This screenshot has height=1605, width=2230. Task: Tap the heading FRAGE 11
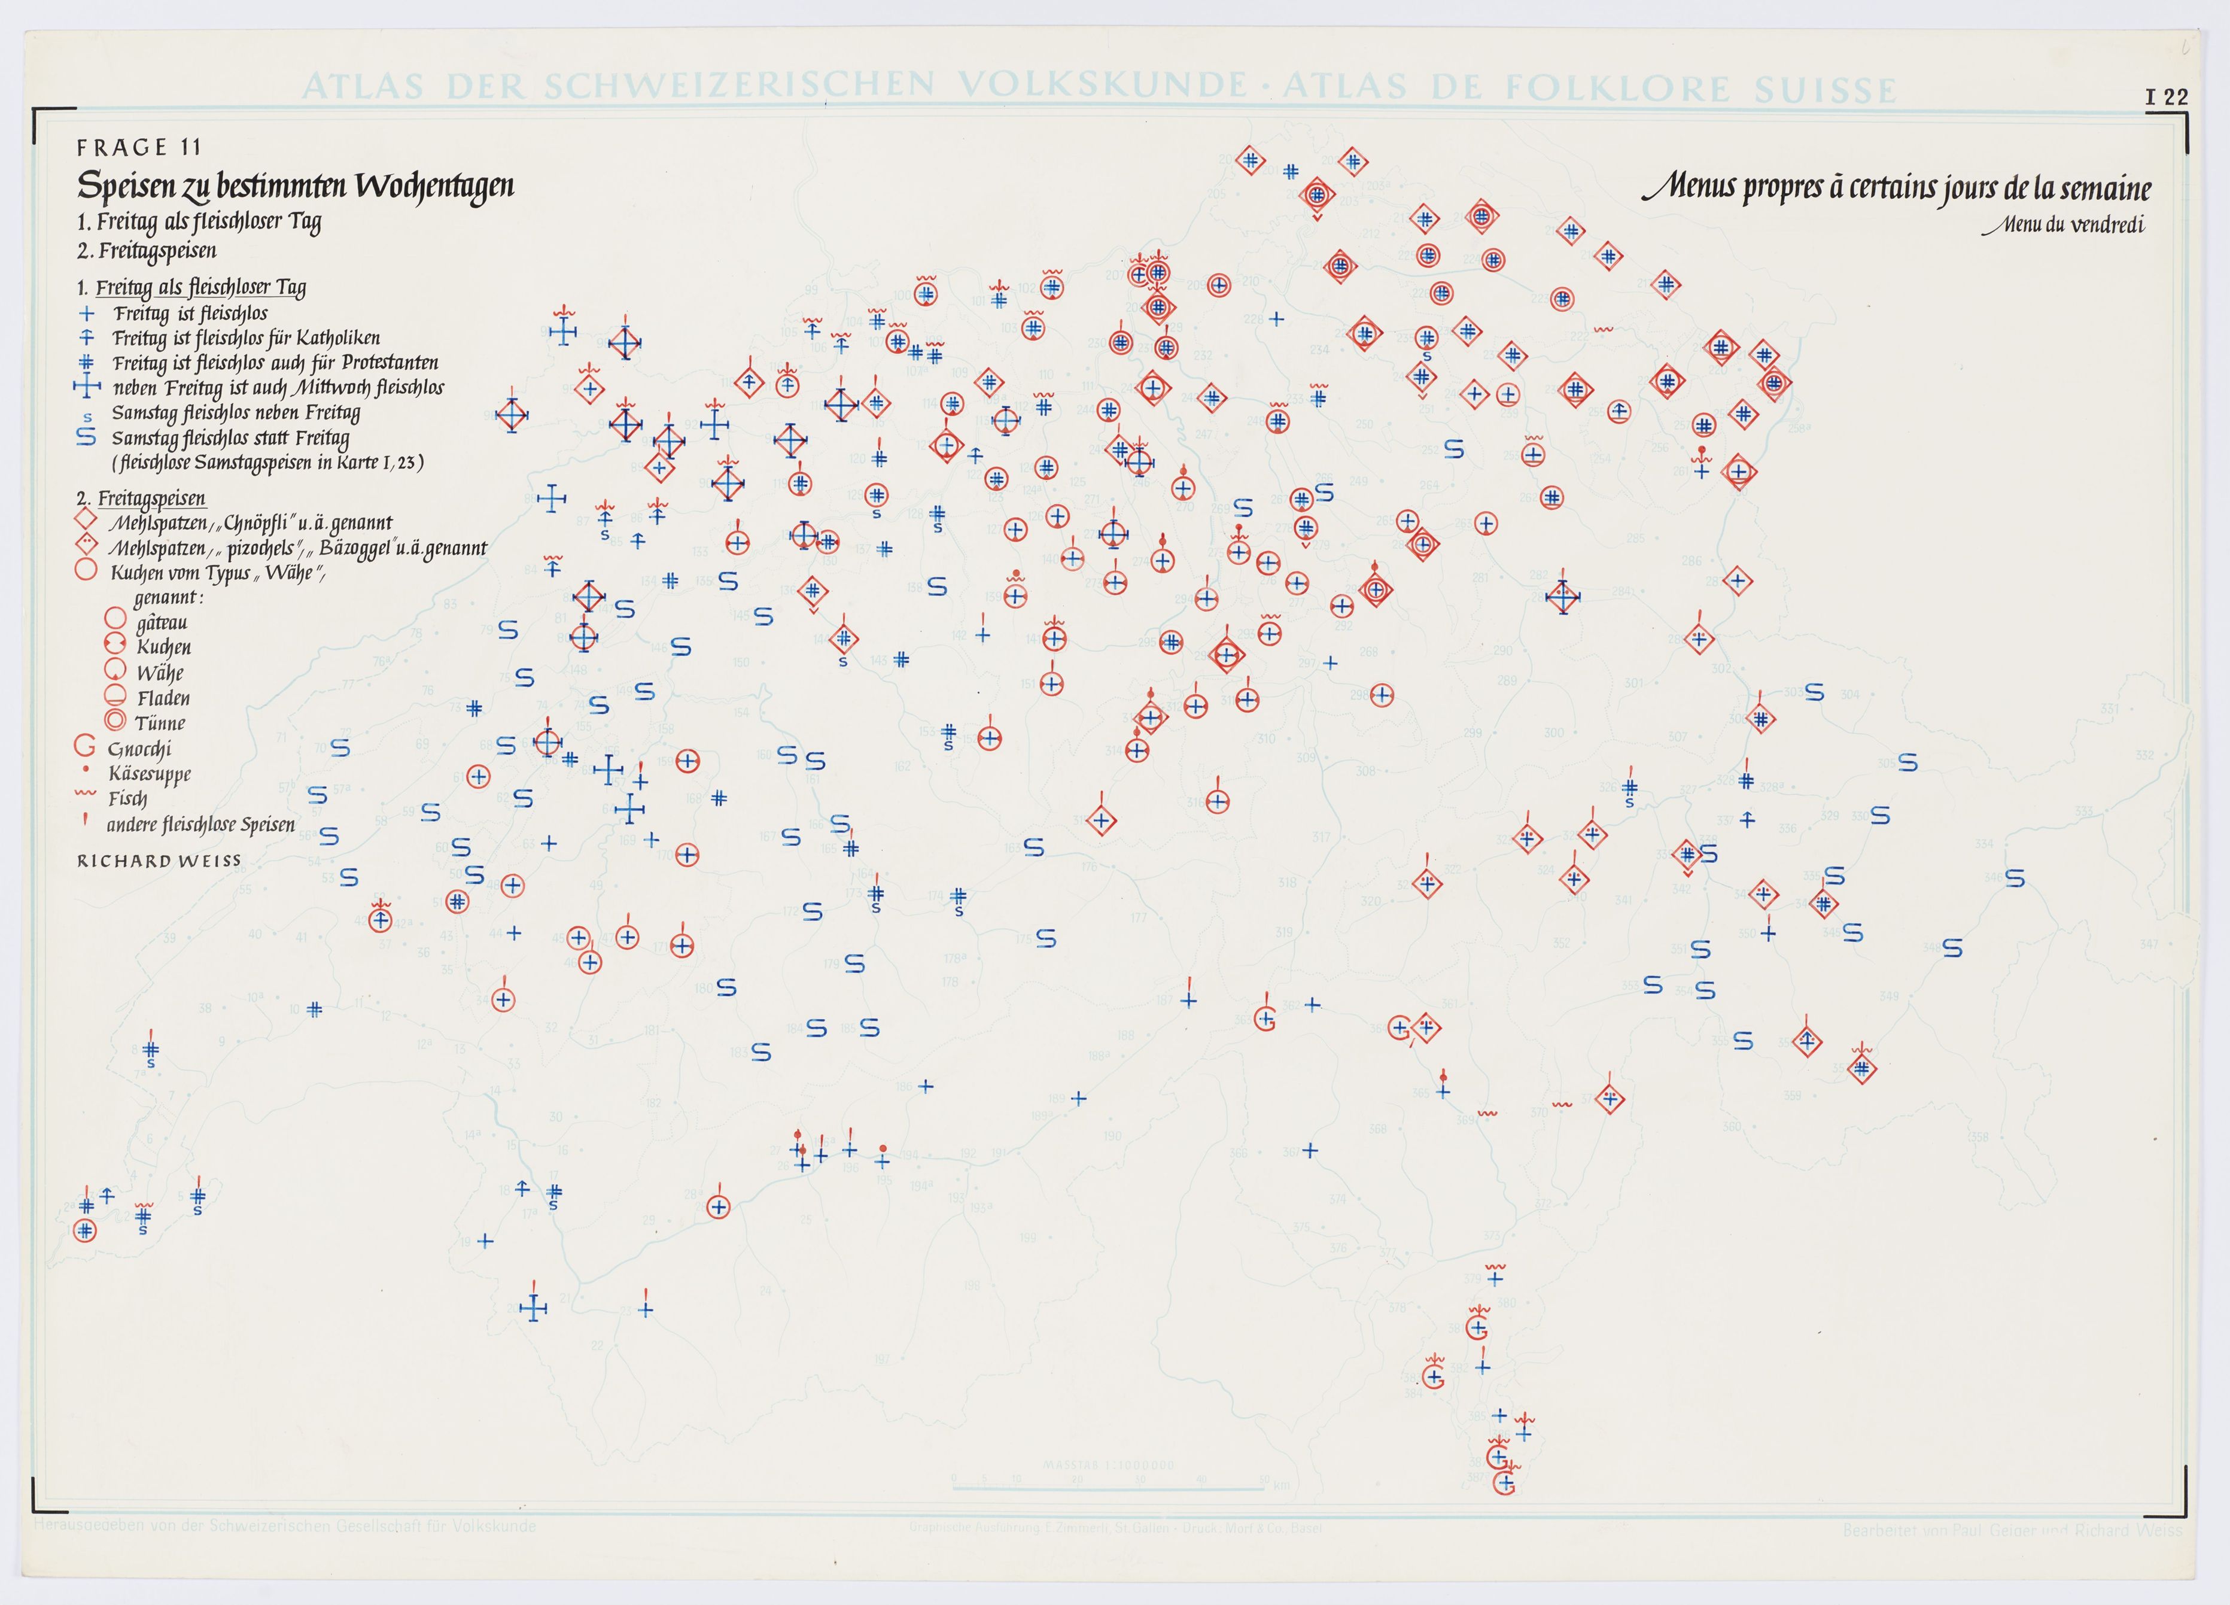(x=139, y=148)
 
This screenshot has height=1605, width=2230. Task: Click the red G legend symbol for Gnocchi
(x=86, y=747)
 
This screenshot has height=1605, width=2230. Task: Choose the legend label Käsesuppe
(x=150, y=774)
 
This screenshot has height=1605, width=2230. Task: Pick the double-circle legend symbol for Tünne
(x=115, y=721)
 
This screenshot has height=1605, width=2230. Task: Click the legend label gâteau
(x=162, y=622)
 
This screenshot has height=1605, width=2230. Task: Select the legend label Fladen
(x=163, y=698)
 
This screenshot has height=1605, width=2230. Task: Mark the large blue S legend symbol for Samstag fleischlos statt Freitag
(x=87, y=437)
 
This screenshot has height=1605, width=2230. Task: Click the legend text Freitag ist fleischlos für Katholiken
(x=246, y=338)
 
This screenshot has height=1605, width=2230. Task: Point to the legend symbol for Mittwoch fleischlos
(x=87, y=387)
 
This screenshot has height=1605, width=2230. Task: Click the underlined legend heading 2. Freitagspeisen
(x=141, y=498)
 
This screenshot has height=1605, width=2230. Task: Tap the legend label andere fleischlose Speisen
(x=200, y=824)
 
